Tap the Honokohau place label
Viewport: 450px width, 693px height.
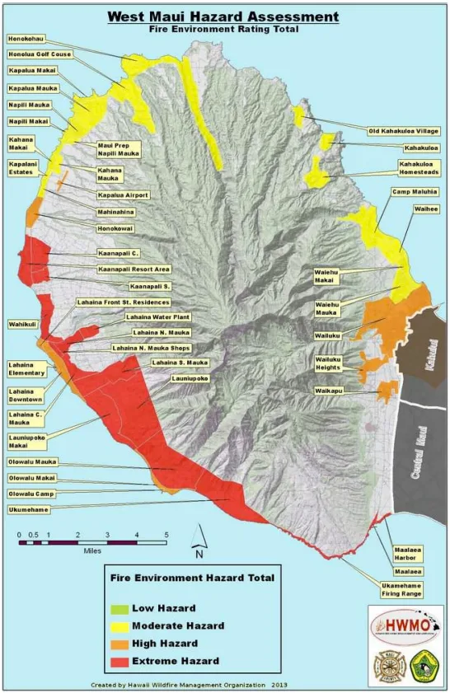coord(28,38)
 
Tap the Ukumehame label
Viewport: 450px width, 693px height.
coord(30,509)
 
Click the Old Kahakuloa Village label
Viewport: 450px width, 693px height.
coord(404,130)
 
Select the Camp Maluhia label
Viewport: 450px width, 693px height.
coord(415,191)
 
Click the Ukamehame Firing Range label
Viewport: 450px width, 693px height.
coord(401,588)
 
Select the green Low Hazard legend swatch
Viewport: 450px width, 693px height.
coord(120,607)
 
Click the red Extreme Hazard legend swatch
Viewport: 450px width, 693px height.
coord(120,661)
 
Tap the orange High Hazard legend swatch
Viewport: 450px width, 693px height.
coord(120,643)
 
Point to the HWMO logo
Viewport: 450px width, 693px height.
coord(400,621)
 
